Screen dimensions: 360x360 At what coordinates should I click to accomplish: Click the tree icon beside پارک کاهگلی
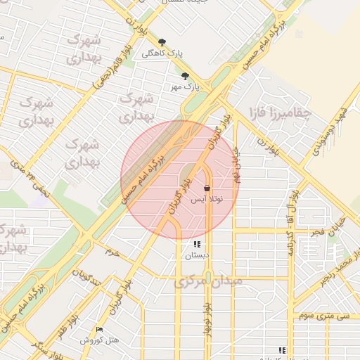[162, 42]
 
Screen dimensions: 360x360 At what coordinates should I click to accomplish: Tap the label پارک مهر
[185, 87]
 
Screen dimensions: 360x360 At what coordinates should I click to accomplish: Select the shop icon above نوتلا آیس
[207, 188]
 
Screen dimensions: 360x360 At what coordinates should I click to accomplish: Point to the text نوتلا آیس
[207, 200]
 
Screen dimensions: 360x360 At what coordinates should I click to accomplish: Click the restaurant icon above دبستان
[197, 245]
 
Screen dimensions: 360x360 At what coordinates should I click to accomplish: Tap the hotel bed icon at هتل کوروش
[98, 329]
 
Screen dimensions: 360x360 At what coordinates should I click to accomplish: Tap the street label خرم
[112, 251]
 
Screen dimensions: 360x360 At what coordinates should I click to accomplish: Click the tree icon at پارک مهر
[185, 76]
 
